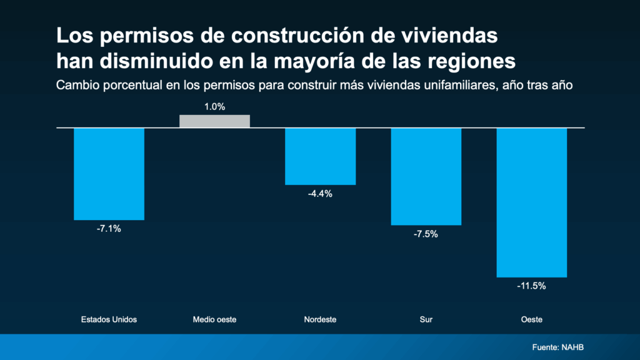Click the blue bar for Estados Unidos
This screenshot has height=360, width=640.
(x=109, y=174)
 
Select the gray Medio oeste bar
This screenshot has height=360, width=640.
(x=214, y=121)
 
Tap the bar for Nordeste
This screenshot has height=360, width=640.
(x=320, y=156)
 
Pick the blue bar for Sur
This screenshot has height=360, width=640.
(x=426, y=176)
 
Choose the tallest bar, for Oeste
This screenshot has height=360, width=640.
(x=531, y=202)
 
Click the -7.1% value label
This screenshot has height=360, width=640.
(x=109, y=229)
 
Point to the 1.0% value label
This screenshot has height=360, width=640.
(x=214, y=107)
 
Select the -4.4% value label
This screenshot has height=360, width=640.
(x=320, y=194)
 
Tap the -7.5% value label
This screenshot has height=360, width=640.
(x=426, y=234)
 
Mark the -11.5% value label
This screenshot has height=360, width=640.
(x=531, y=286)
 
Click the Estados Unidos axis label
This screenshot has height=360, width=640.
(x=109, y=319)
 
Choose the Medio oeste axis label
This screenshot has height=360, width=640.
(x=214, y=319)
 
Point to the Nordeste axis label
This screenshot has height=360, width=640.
(x=320, y=319)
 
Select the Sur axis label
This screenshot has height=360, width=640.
(x=426, y=319)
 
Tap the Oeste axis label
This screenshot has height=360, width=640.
(x=531, y=319)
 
